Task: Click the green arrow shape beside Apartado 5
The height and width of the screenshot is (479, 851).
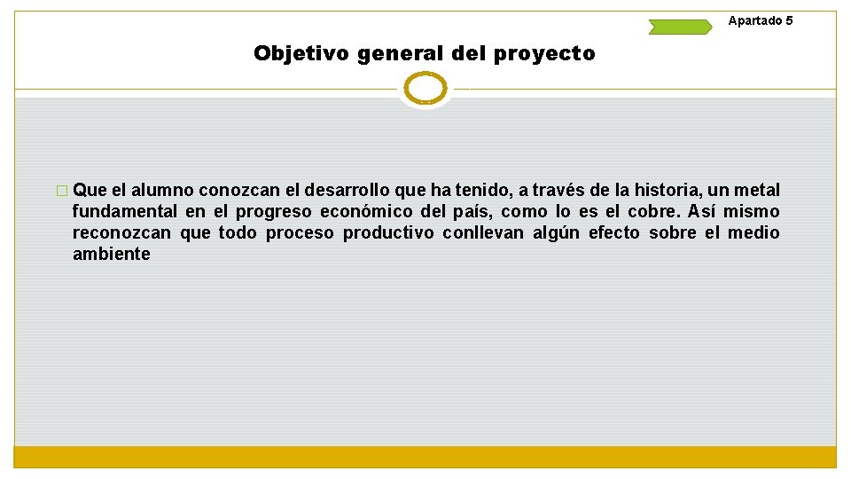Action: pos(680,27)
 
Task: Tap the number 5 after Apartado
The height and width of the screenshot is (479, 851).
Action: pos(789,20)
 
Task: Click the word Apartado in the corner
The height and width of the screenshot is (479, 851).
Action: pos(755,20)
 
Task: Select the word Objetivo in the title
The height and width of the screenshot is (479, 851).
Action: pos(301,54)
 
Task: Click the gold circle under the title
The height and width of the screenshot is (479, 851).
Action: pos(425,89)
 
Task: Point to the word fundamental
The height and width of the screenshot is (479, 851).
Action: pos(125,211)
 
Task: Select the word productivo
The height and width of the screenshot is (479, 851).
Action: pos(388,232)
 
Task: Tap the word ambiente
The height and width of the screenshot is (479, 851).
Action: pos(112,254)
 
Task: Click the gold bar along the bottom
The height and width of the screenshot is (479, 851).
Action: pos(425,457)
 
